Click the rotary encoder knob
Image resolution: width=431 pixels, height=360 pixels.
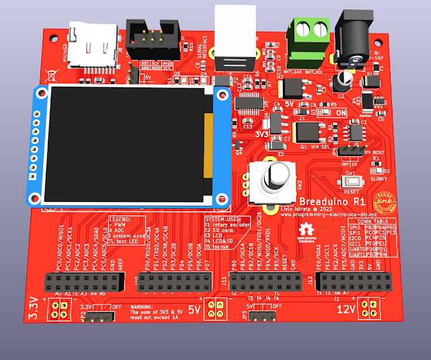click(273, 177)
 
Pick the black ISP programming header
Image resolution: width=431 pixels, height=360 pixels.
click(154, 40)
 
